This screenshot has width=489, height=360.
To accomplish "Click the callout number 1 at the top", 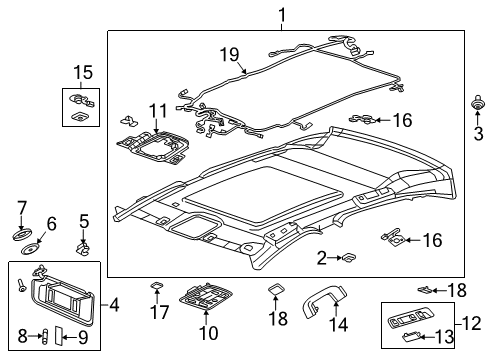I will pos(281,14).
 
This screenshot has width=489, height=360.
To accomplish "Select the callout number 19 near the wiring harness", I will pos(229,55).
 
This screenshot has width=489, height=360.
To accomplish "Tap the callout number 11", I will pos(154,110).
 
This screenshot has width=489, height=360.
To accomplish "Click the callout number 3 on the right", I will pos(477,131).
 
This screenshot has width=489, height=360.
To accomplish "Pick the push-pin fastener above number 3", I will pos(477,104).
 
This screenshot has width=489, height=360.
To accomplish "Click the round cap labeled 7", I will pos(21,235).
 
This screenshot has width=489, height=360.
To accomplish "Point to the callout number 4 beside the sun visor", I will pos(115,303).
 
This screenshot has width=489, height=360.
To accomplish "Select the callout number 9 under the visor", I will pos(84,337).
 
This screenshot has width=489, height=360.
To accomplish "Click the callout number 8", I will pos(22,336).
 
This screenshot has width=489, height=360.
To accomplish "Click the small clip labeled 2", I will pos(347,258).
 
